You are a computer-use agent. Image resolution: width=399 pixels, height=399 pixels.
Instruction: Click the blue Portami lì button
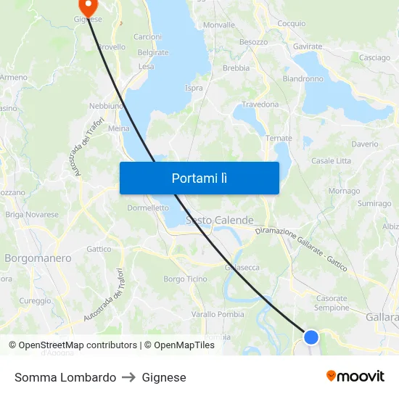click(x=199, y=178)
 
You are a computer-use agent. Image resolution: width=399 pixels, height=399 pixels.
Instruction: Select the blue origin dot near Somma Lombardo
click(x=311, y=337)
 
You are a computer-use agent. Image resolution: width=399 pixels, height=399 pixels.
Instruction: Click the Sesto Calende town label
click(x=220, y=220)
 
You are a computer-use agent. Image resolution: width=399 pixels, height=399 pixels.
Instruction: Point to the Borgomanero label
click(x=38, y=258)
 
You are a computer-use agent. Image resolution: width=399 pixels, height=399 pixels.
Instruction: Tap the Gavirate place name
click(x=308, y=46)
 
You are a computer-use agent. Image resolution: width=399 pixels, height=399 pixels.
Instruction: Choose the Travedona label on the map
click(x=260, y=104)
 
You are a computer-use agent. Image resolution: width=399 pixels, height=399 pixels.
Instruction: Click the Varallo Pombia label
click(x=218, y=314)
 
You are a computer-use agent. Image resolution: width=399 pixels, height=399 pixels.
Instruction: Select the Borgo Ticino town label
click(x=185, y=279)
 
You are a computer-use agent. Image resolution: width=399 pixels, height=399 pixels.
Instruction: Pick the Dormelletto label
click(x=148, y=207)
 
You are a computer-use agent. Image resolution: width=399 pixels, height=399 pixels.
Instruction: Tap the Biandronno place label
click(x=303, y=78)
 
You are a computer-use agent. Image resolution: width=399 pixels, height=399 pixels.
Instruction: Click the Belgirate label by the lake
click(x=153, y=52)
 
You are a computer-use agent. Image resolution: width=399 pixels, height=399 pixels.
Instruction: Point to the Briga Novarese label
click(x=32, y=215)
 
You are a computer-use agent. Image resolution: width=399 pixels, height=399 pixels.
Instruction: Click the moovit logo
click(x=355, y=377)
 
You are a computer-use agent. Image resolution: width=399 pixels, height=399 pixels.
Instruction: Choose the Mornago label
click(x=344, y=191)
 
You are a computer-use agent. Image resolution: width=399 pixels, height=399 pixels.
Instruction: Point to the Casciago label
click(x=374, y=58)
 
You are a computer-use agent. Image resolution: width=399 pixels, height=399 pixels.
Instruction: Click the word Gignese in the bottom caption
click(x=164, y=377)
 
